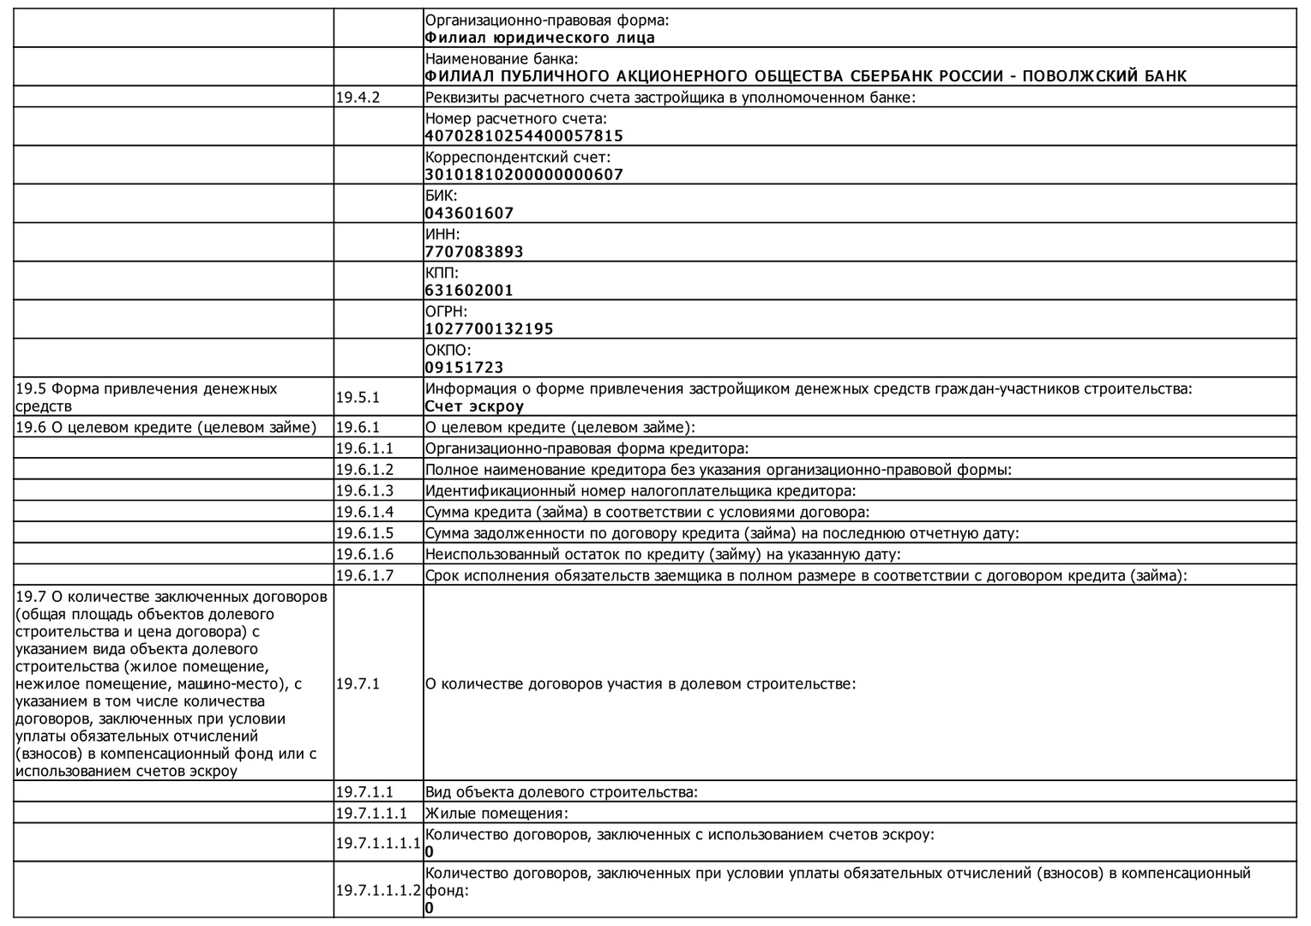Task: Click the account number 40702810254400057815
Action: click(524, 135)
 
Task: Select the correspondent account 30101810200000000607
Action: click(524, 174)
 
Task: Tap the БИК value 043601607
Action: click(469, 213)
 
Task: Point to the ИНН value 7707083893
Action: click(474, 251)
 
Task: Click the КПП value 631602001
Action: click(469, 290)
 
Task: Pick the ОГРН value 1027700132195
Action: click(489, 328)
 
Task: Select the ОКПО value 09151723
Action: click(464, 367)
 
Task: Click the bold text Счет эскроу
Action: click(474, 406)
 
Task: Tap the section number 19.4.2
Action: click(358, 97)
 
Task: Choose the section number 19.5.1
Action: click(358, 397)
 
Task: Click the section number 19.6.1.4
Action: click(364, 512)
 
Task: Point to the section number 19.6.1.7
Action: click(364, 575)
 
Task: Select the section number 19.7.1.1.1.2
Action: click(378, 890)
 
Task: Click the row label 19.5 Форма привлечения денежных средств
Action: click(146, 397)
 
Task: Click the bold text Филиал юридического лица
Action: click(539, 38)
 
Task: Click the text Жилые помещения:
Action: click(496, 814)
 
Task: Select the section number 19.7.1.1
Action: click(364, 792)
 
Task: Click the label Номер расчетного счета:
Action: click(515, 118)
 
